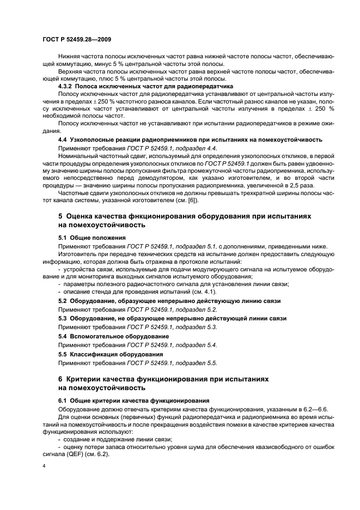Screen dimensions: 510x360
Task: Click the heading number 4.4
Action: pyautogui.click(x=63, y=140)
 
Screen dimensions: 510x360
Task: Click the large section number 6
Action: pyautogui.click(x=61, y=379)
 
